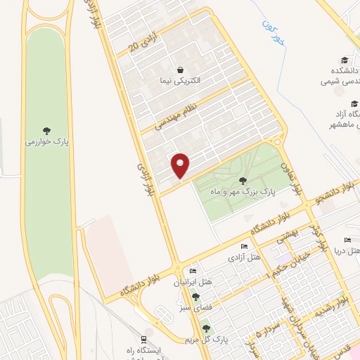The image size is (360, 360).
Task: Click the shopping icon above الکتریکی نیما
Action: (181, 70)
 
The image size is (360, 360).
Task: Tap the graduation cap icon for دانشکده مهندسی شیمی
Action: (344, 60)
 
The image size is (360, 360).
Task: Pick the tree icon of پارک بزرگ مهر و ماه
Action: (243, 181)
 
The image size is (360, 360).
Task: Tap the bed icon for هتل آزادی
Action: (243, 247)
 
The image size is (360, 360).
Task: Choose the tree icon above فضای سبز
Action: (195, 297)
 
